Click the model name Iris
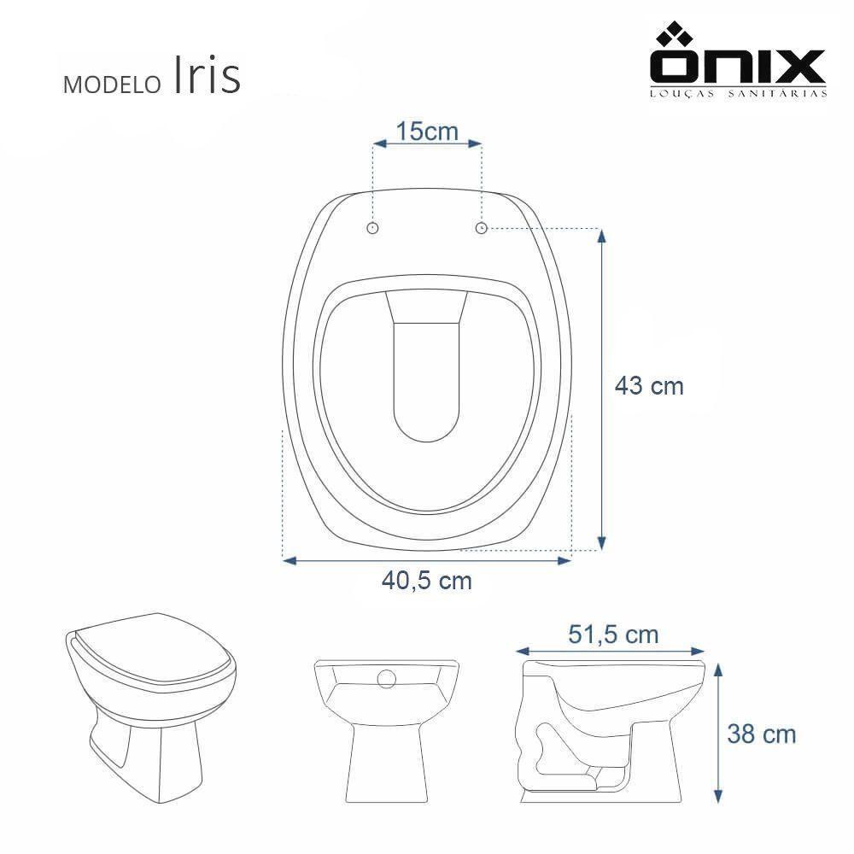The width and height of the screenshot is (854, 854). coord(207,77)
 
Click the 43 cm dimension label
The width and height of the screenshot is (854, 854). coord(649,386)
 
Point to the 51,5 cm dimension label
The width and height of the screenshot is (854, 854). coord(613,635)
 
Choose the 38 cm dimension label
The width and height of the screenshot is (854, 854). coord(761,733)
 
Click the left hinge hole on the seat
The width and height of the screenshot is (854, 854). coord(372,227)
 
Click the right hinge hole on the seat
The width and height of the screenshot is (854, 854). coord(481,227)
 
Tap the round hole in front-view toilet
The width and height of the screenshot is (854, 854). coord(387,679)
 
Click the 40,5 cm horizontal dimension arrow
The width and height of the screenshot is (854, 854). coord(426,560)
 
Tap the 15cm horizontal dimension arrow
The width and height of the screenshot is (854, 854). coord(426,145)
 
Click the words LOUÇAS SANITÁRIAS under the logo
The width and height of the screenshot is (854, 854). coord(739,94)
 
